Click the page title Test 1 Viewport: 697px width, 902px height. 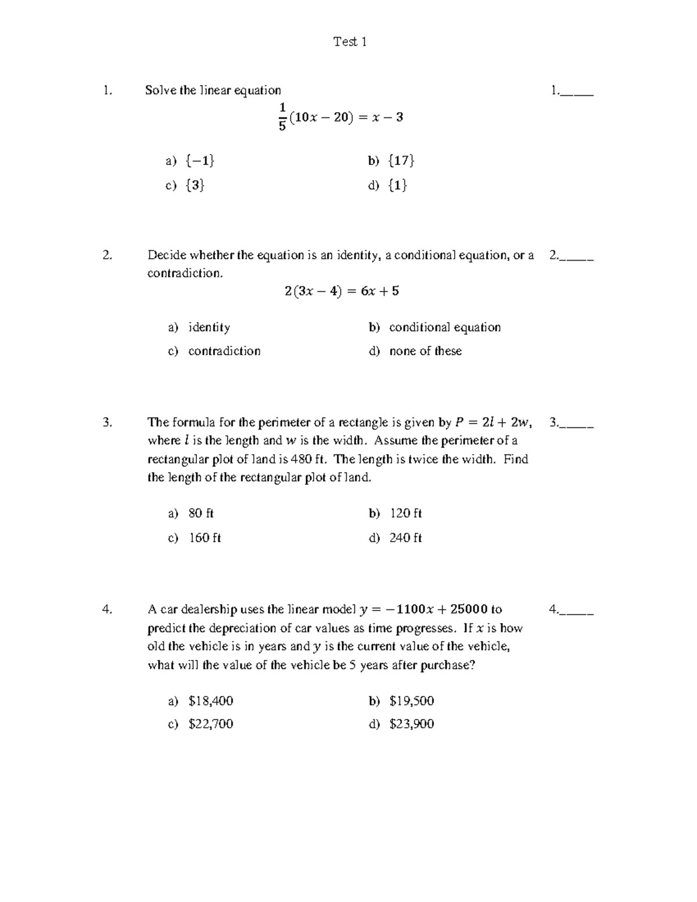[350, 42]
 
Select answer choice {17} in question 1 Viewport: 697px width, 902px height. [401, 161]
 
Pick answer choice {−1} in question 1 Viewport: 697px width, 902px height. [200, 161]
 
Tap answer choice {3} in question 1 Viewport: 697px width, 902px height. [195, 185]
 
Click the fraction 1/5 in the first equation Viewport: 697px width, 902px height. [282, 117]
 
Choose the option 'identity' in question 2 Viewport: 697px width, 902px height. [209, 328]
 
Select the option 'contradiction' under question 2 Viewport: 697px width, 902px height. [224, 351]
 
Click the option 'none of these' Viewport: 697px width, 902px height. [425, 351]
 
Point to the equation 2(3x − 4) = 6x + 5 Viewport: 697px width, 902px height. [342, 292]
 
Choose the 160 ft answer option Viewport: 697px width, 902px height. [205, 538]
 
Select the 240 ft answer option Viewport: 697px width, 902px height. [405, 538]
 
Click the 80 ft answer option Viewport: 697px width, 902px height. [201, 514]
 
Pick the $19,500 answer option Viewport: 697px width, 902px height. [412, 701]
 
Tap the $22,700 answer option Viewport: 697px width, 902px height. [211, 724]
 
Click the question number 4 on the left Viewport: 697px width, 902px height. [106, 609]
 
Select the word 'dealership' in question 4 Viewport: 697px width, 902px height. [208, 609]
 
